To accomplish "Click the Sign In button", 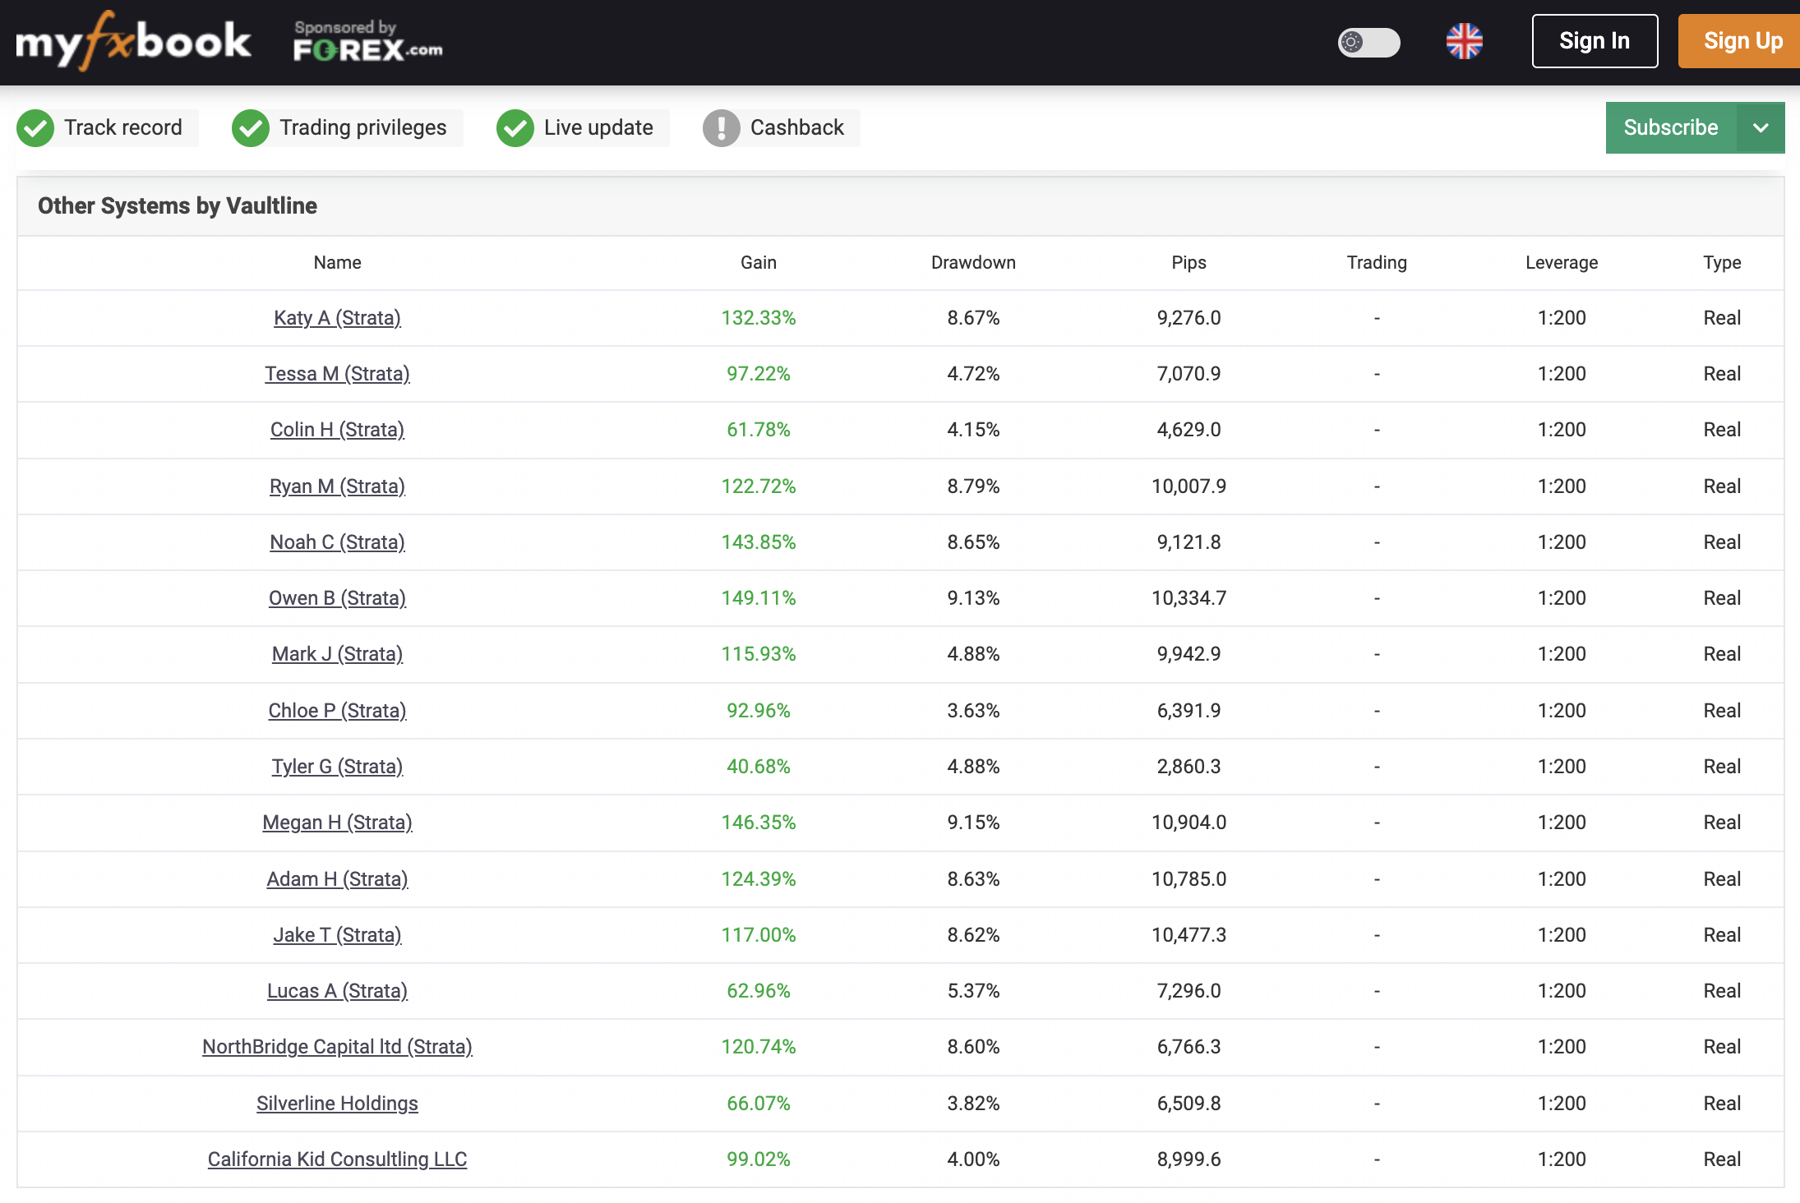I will (1594, 41).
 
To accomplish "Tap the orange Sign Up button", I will (1741, 41).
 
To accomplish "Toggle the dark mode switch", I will (1368, 42).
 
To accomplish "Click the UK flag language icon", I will (1464, 41).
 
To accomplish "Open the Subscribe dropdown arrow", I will (1761, 127).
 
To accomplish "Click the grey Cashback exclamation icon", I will (721, 128).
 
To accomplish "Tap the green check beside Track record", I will (35, 128).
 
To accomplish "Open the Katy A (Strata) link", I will (337, 318).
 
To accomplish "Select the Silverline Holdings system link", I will (337, 1103).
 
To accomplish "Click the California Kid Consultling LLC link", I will (337, 1159).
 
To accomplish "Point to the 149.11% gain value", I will (758, 598).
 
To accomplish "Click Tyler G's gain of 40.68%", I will (758, 767).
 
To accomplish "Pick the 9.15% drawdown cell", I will (973, 823).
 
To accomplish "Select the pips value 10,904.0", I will (1188, 823).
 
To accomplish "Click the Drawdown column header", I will (973, 262).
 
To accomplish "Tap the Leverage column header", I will (1561, 262).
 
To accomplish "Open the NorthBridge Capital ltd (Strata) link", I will (337, 1047).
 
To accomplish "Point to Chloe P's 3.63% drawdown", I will (973, 711).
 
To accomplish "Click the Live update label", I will (598, 127).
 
